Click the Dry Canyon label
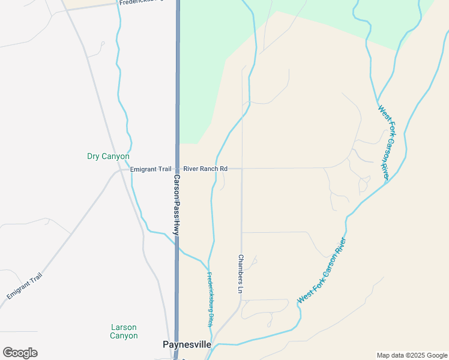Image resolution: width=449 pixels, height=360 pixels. [108, 157]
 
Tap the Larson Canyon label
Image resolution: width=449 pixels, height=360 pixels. [124, 331]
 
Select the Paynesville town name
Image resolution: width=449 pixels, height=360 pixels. [187, 344]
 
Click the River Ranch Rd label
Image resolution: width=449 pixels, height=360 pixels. [205, 169]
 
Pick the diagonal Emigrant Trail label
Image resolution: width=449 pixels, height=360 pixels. [25, 286]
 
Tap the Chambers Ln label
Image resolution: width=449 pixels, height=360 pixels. [241, 274]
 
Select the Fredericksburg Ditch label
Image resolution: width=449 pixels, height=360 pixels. [211, 299]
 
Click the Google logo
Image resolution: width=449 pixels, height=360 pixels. [20, 352]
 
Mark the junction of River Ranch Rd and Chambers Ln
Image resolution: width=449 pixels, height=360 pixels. [242, 169]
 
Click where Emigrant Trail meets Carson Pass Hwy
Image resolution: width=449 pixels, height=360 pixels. [177, 169]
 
